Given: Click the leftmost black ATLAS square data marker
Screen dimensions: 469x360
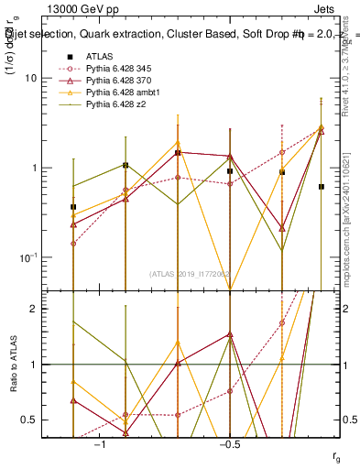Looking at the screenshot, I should coord(73,207).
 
